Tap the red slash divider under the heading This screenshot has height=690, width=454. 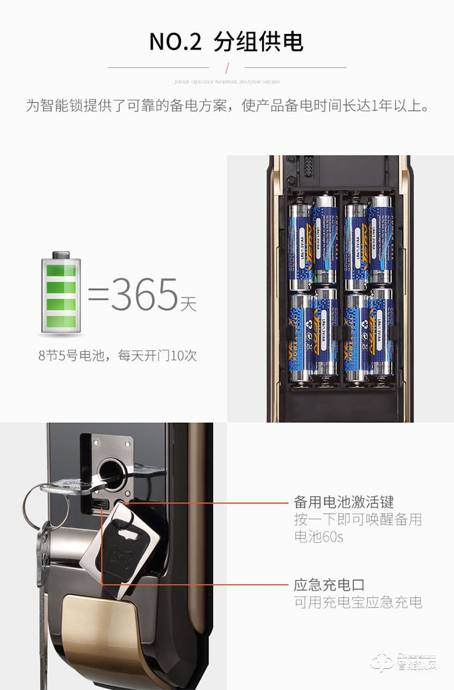(x=227, y=67)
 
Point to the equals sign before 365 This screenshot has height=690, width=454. (x=98, y=295)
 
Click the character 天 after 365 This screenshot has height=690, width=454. (x=188, y=303)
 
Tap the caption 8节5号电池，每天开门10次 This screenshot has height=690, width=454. (x=117, y=356)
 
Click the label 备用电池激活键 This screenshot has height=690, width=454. (x=344, y=502)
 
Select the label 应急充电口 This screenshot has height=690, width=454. (x=329, y=585)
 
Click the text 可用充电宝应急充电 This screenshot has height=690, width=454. (x=358, y=602)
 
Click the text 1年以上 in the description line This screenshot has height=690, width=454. (x=400, y=107)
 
